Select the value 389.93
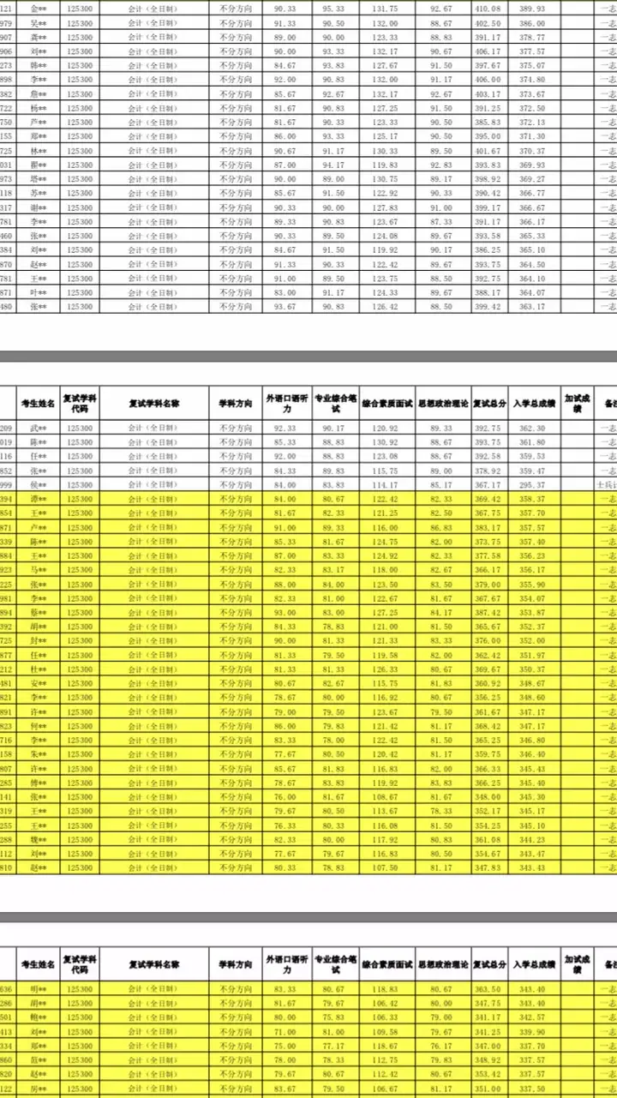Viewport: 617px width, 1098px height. (531, 9)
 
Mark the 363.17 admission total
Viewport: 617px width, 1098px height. (531, 306)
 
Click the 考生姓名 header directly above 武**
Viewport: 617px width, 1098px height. (39, 403)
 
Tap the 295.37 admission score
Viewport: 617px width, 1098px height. (531, 484)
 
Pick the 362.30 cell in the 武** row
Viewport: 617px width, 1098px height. (531, 428)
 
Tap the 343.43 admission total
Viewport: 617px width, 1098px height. (531, 867)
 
